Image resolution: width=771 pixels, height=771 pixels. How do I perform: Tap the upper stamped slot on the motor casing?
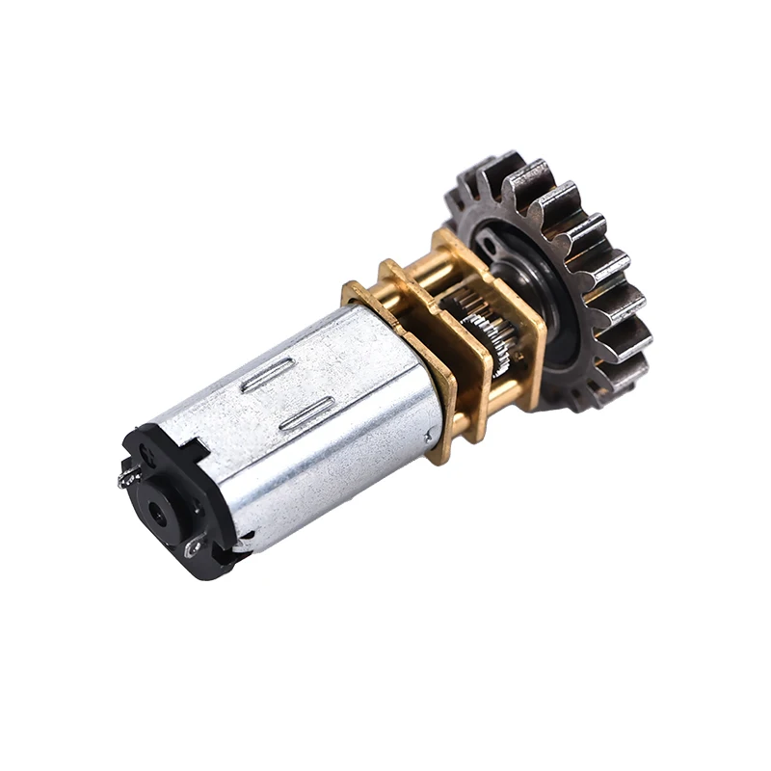[268, 375]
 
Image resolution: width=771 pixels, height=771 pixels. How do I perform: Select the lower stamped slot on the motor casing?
[306, 412]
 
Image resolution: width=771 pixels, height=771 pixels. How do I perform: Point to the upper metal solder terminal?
[126, 475]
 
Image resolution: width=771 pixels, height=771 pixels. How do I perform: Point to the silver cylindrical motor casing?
[308, 424]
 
